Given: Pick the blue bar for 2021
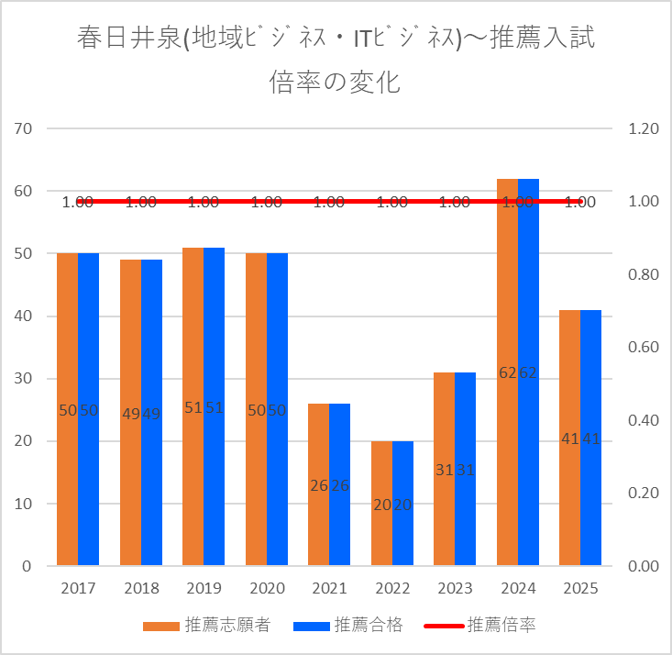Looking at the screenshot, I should (339, 484).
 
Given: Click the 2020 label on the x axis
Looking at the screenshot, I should (266, 587).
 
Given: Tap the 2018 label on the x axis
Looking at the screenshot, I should (140, 587).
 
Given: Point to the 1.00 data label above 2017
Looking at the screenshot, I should (77, 203).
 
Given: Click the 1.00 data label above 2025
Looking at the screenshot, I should (580, 203).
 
